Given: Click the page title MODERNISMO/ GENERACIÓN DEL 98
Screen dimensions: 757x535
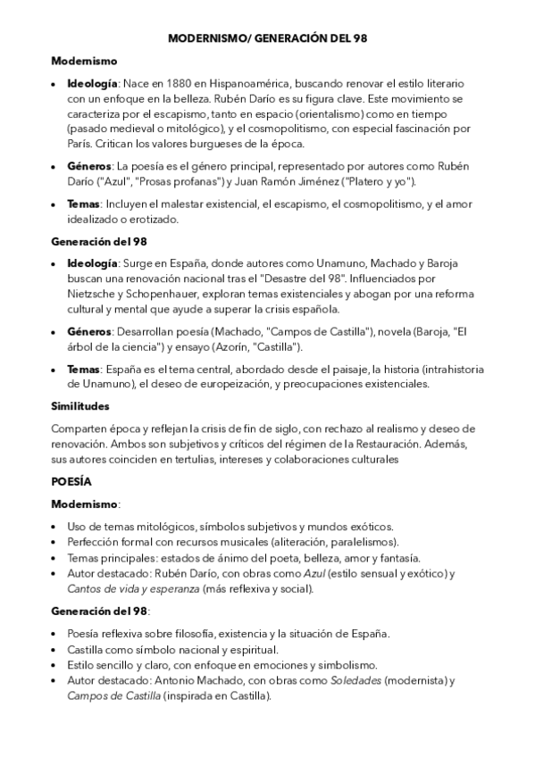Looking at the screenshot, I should (267, 39).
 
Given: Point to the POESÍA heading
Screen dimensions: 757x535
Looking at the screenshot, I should (71, 481).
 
